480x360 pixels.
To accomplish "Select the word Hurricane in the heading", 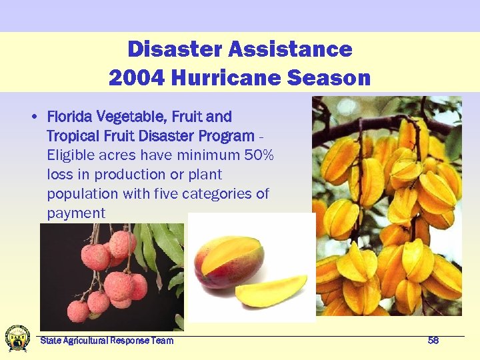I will (226, 78).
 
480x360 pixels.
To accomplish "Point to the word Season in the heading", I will (329, 78).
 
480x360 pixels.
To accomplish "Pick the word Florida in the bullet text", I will (69, 117).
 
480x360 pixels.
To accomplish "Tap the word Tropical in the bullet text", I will (71, 136).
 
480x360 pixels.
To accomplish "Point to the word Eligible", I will (70, 155).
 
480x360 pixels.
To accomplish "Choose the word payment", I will (76, 213).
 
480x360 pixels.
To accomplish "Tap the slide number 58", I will (433, 341).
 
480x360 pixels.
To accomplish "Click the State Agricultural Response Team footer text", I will (107, 341).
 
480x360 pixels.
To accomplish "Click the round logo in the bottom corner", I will (17, 338).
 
